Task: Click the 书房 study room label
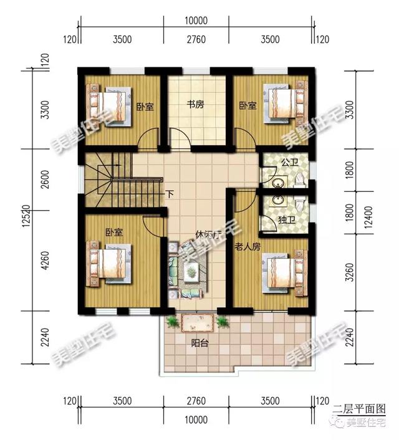pos(196,105)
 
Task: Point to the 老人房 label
pos(248,247)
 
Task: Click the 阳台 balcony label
pos(200,342)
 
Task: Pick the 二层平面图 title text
pos(360,409)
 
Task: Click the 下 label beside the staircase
pos(169,194)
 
